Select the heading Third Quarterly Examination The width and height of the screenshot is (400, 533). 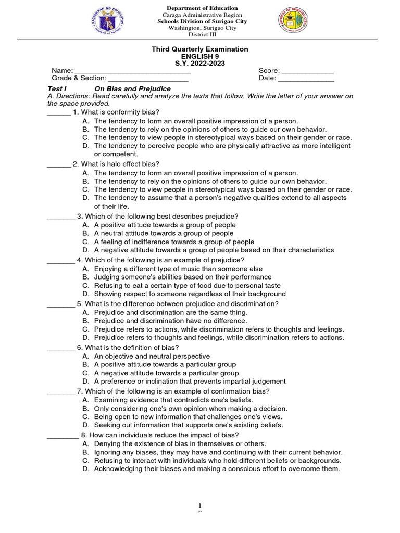pyautogui.click(x=199, y=49)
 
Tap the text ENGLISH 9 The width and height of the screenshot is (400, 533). pyautogui.click(x=199, y=56)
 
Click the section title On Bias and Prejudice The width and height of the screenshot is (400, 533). pyautogui.click(x=132, y=89)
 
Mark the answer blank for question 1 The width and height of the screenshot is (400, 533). pyautogui.click(x=58, y=113)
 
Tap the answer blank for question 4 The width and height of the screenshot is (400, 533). pyautogui.click(x=60, y=260)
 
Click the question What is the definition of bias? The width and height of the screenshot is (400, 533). pyautogui.click(x=128, y=348)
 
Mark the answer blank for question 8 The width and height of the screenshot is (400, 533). pyautogui.click(x=63, y=435)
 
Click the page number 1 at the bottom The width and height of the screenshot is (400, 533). pyautogui.click(x=199, y=505)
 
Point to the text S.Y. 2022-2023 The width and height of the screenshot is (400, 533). pyautogui.click(x=199, y=64)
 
